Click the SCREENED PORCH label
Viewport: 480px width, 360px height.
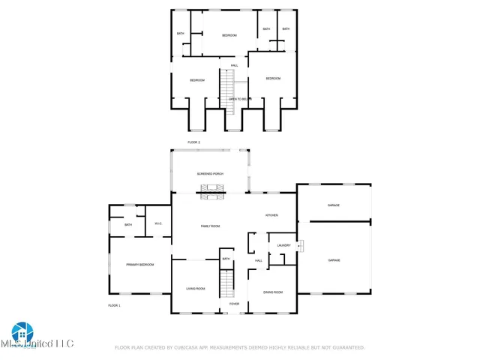(x=210, y=173)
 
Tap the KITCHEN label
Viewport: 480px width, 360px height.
(x=271, y=215)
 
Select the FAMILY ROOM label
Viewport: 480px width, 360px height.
(x=210, y=226)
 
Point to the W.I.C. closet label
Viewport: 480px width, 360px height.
(x=158, y=223)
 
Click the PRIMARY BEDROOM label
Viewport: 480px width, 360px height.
(x=139, y=265)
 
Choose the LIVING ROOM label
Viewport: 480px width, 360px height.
(x=195, y=288)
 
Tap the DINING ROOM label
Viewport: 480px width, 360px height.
(x=273, y=292)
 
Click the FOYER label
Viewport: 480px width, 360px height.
(x=234, y=304)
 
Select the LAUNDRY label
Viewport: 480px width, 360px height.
(x=283, y=245)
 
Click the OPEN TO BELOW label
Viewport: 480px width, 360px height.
(x=238, y=98)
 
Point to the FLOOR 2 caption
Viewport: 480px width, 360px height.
(x=193, y=142)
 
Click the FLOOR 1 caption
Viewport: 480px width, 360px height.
(x=114, y=305)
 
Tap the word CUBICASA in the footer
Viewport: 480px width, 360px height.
(x=195, y=347)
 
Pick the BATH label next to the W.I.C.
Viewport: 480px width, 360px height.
(x=128, y=224)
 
